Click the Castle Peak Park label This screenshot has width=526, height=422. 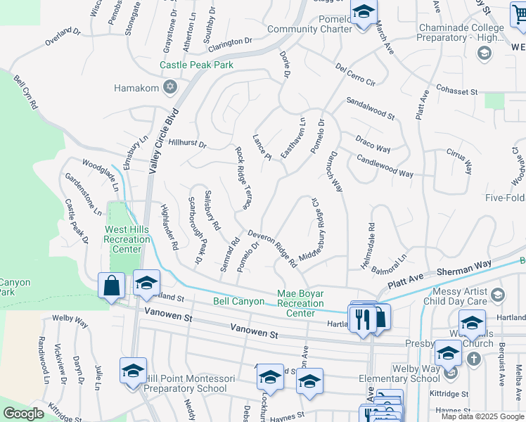(196, 65)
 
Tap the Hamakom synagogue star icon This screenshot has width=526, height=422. (169, 88)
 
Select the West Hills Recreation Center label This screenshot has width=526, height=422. (127, 239)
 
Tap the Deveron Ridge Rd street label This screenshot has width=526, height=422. (271, 249)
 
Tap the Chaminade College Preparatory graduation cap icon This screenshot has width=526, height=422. (484, 53)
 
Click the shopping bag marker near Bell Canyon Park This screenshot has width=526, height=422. (112, 286)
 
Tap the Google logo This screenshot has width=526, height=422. (23, 414)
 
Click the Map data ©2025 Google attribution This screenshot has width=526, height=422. (483, 416)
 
